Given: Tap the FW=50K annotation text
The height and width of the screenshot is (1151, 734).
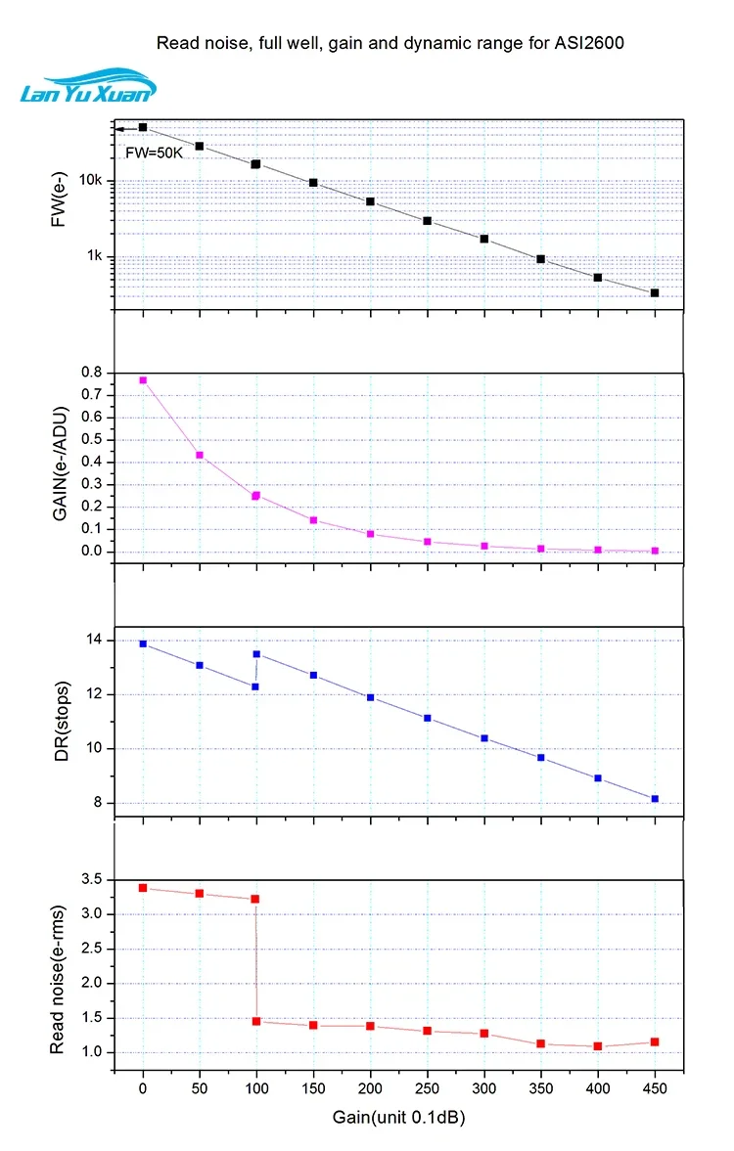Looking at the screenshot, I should [154, 153].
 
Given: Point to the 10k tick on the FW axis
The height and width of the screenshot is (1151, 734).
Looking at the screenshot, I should [90, 181].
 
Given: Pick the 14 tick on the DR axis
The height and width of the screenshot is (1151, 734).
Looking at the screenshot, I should [95, 641].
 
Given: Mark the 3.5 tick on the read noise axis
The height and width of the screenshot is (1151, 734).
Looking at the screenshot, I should [91, 880].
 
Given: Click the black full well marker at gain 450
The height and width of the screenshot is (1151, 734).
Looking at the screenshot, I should [655, 292].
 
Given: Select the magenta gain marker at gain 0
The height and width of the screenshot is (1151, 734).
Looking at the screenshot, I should [143, 380].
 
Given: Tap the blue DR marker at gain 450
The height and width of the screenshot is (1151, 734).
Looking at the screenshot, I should [655, 799].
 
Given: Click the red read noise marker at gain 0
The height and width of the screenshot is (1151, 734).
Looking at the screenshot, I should [143, 888].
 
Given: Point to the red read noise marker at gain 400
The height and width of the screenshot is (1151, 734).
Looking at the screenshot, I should [598, 1046].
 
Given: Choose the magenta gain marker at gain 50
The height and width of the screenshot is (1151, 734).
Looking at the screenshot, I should [200, 455].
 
